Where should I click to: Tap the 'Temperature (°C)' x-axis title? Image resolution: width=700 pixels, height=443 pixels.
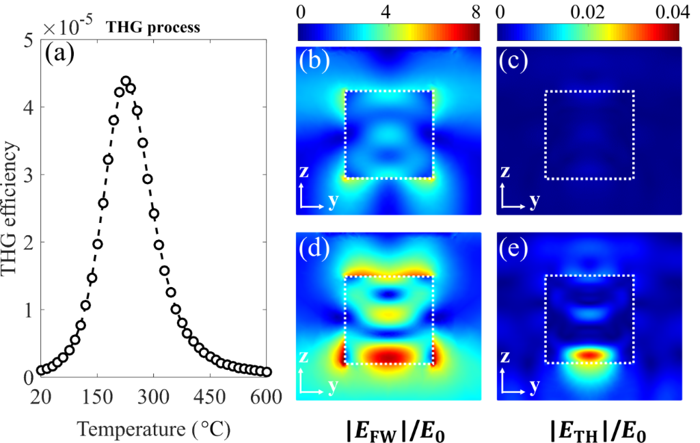(154, 429)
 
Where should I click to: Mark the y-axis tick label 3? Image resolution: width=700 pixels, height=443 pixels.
(28, 175)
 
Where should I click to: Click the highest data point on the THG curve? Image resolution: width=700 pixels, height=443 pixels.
(126, 81)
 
